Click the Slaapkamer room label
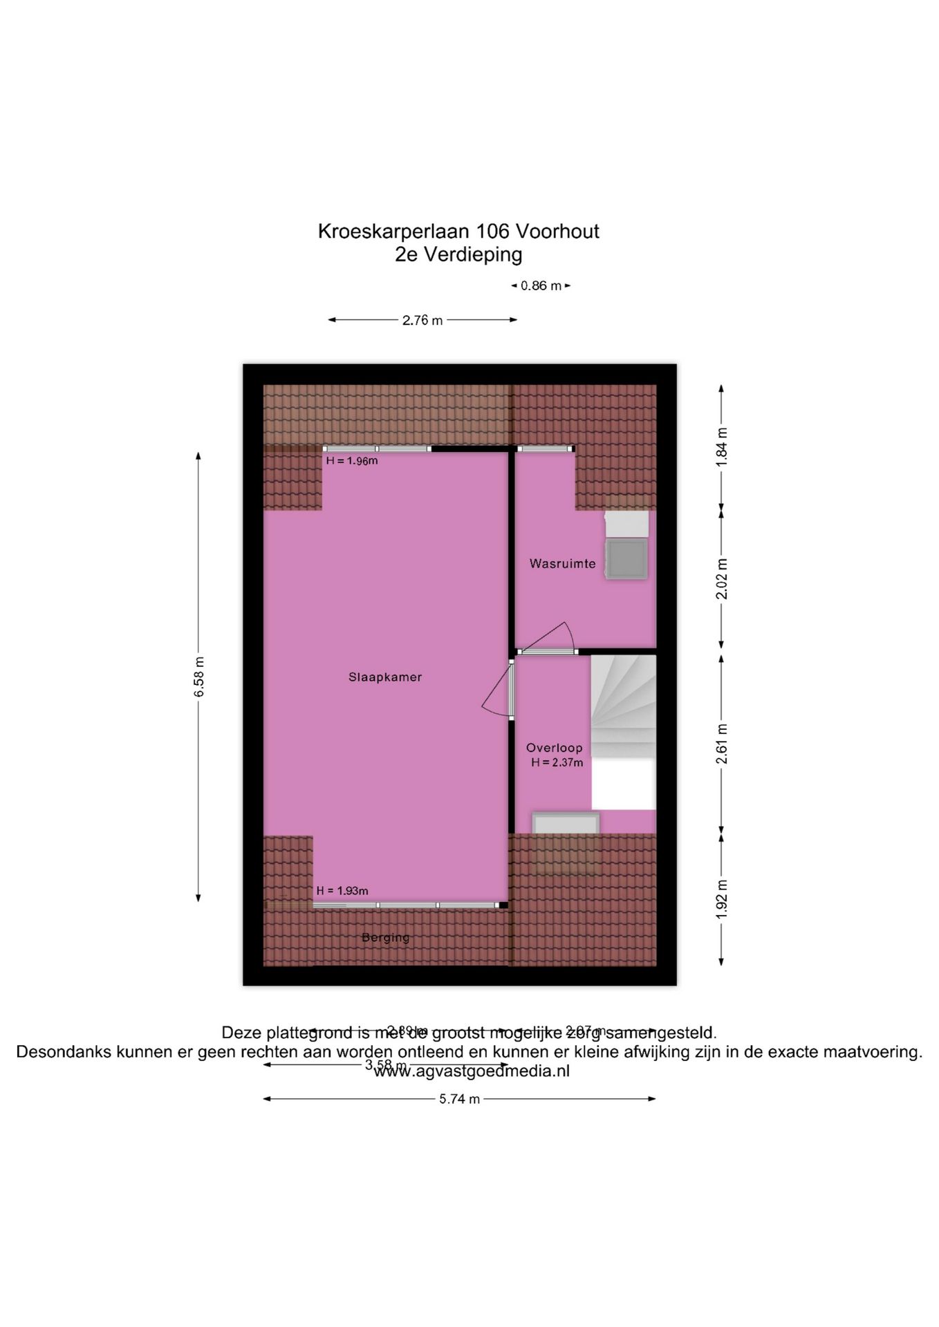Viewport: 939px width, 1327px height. pyautogui.click(x=384, y=677)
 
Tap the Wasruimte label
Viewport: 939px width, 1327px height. pyautogui.click(x=562, y=563)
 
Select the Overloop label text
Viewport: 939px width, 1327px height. pyautogui.click(x=554, y=748)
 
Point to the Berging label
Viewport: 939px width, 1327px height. pyautogui.click(x=385, y=938)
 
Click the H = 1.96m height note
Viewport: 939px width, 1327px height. pyautogui.click(x=352, y=461)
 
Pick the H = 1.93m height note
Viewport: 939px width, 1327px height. pyautogui.click(x=342, y=891)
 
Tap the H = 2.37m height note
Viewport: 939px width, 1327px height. pyautogui.click(x=557, y=763)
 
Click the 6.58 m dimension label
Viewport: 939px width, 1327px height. pyautogui.click(x=199, y=677)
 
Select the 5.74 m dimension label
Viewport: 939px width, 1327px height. pyautogui.click(x=459, y=1099)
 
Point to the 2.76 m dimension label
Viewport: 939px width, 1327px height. pyautogui.click(x=422, y=321)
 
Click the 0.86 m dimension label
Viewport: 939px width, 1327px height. pyautogui.click(x=541, y=285)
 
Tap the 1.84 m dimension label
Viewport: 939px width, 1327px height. pyautogui.click(x=722, y=447)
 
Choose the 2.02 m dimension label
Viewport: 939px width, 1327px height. pyautogui.click(x=722, y=578)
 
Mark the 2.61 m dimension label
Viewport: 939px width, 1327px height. pyautogui.click(x=722, y=744)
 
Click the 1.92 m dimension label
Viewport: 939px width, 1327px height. pyautogui.click(x=722, y=898)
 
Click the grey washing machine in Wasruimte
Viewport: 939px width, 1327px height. pyautogui.click(x=626, y=558)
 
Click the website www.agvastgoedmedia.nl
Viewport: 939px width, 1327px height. pyautogui.click(x=472, y=1071)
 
